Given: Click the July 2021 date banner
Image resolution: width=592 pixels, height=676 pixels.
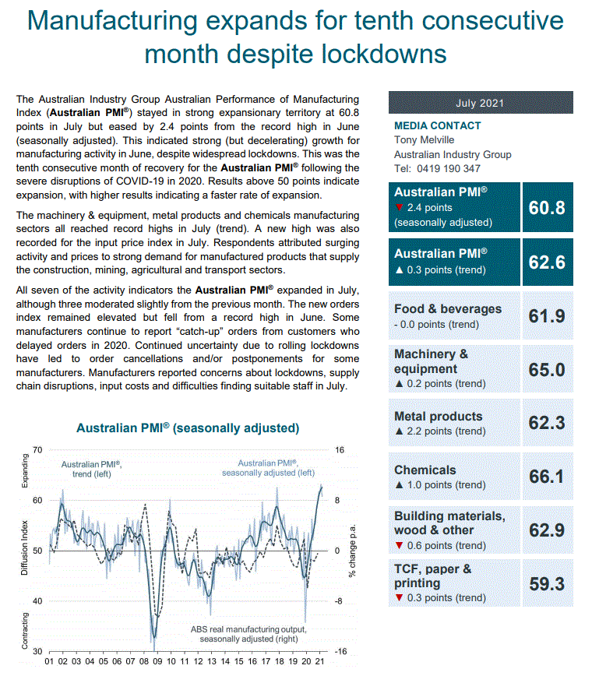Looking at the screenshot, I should (x=480, y=103).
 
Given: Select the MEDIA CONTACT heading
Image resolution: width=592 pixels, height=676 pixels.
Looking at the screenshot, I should (x=437, y=125).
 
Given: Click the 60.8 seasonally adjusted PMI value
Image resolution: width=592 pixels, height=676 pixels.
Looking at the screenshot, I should (x=546, y=207).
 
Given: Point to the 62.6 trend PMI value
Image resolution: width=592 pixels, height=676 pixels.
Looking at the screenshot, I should (x=546, y=262).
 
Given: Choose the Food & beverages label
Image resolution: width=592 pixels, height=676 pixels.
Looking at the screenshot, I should (x=448, y=308).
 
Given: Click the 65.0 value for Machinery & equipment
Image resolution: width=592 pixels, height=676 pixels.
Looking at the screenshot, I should (x=546, y=369).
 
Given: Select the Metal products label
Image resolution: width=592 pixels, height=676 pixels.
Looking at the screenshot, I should (x=438, y=416).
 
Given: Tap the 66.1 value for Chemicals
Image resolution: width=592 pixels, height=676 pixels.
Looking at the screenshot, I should (x=546, y=476).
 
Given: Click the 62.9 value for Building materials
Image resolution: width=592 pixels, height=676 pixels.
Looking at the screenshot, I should (x=546, y=530).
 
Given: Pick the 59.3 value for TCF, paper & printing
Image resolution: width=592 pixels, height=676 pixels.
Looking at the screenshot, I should (x=546, y=583).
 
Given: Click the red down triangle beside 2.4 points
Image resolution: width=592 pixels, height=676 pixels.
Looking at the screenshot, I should (x=399, y=207).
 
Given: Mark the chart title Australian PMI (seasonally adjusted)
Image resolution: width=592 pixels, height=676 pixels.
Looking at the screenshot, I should (x=188, y=428).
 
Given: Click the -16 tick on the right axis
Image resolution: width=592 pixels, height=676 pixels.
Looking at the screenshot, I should (x=340, y=652).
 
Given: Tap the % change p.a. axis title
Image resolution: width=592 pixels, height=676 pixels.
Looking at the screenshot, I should (x=352, y=550).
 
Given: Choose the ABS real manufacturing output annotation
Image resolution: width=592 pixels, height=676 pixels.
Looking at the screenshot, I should (x=248, y=634).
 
